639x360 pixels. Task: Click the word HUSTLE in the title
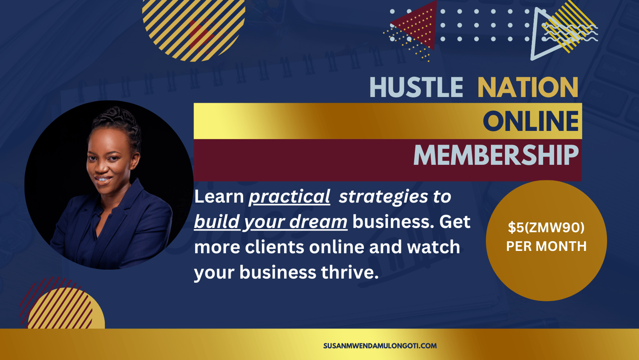coord(416,87)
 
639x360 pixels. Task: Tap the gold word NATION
coord(528,87)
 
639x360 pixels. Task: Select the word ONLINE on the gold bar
coord(531,121)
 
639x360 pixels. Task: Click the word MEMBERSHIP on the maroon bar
coord(496,155)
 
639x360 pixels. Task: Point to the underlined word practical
coord(290,197)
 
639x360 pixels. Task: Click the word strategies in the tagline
coord(383,197)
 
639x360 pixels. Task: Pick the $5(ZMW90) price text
coord(546,228)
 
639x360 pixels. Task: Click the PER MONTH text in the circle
coord(546,246)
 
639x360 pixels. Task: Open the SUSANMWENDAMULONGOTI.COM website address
coord(380,346)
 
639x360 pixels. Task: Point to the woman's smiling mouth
coord(103,180)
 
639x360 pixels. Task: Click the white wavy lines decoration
coord(571,33)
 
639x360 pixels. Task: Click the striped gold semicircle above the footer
coord(66,309)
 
